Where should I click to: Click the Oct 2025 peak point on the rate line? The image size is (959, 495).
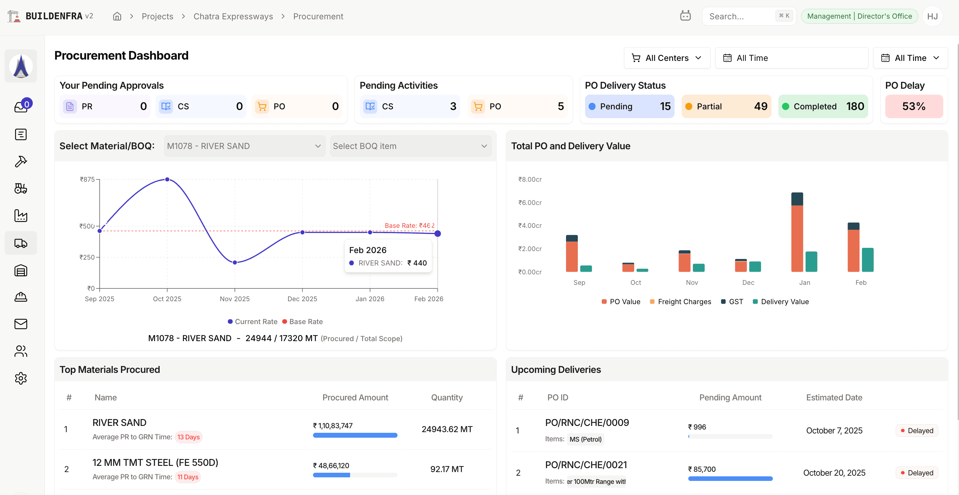click(167, 179)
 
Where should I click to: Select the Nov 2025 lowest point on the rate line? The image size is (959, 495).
click(235, 262)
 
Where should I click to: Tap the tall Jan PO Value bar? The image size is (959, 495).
click(797, 238)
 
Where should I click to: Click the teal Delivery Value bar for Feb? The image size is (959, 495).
click(868, 260)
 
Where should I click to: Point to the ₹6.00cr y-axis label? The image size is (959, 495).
click(530, 202)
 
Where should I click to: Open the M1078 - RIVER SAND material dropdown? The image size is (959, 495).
click(244, 146)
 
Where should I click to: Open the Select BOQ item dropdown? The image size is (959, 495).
click(410, 146)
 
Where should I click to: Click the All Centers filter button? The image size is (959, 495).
click(667, 58)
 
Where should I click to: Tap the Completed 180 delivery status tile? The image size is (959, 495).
click(823, 106)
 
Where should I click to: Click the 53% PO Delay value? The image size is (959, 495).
click(913, 106)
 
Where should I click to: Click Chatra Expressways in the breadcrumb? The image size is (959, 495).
click(233, 16)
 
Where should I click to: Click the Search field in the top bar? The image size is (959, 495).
click(741, 16)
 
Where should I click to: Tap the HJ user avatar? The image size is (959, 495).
click(932, 16)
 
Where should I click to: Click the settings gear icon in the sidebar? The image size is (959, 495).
click(21, 378)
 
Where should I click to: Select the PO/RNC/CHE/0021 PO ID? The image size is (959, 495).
click(586, 465)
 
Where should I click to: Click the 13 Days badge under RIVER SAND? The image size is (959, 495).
click(188, 437)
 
